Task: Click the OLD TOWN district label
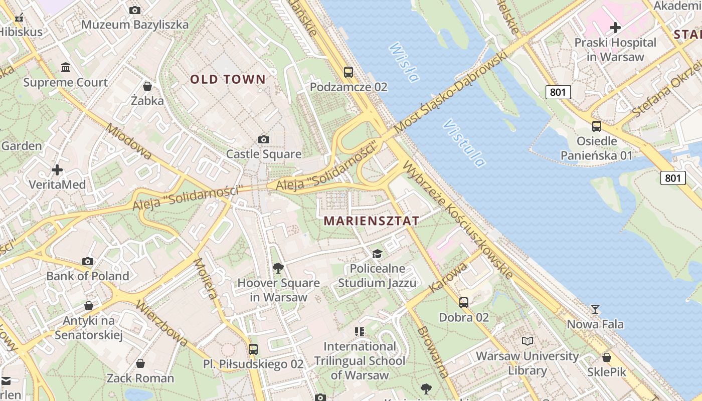click(228, 79)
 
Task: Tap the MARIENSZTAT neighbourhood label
click(371, 221)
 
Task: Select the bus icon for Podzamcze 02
click(348, 72)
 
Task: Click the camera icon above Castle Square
click(264, 139)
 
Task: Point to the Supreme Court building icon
click(66, 67)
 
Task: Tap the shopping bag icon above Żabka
click(147, 86)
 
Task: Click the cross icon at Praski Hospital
click(615, 28)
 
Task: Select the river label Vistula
click(464, 143)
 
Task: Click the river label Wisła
click(404, 62)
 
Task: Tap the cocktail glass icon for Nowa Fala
click(595, 309)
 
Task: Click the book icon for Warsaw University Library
click(527, 341)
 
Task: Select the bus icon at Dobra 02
click(464, 302)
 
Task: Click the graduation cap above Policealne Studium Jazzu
click(377, 254)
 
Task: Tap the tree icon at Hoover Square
click(278, 268)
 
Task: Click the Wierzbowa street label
click(162, 324)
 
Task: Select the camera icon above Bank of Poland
click(88, 261)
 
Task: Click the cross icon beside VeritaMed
click(57, 170)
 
